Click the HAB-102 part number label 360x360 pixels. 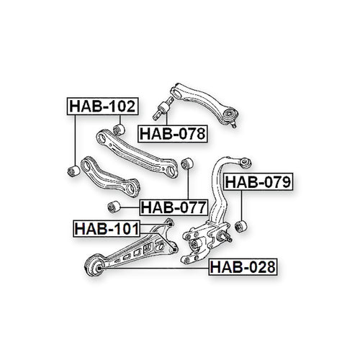tap(102, 106)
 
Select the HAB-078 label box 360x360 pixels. tap(173, 134)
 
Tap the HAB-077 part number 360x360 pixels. tap(174, 207)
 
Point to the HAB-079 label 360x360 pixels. tap(258, 181)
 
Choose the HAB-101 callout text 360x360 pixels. tap(107, 229)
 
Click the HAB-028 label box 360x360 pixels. tap(243, 267)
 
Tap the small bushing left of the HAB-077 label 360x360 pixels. tap(114, 207)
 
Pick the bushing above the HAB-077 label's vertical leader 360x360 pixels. tap(187, 163)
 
